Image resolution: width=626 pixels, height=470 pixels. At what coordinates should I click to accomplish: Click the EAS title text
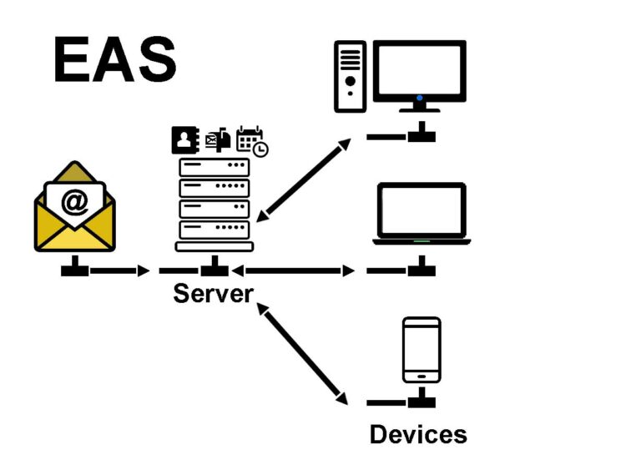point(115,60)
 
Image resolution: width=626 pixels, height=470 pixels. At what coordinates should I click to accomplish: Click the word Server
point(213,294)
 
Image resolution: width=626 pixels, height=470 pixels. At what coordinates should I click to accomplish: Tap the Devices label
point(418,434)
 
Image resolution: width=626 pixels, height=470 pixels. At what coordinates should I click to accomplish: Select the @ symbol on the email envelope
point(75,201)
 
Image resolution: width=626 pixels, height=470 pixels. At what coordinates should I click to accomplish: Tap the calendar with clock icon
point(251,141)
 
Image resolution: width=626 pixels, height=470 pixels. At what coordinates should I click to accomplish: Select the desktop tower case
point(351,77)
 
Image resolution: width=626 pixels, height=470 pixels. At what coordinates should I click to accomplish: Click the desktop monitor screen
point(419,70)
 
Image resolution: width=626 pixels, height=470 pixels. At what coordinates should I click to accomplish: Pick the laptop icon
point(422,214)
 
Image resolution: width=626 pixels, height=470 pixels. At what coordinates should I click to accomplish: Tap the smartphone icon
point(422,349)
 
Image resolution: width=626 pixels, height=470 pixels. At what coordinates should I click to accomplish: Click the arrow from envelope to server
point(119,270)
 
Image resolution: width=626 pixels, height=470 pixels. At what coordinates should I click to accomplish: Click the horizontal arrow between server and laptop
point(293,270)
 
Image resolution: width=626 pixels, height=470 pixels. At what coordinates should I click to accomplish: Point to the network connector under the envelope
point(75,266)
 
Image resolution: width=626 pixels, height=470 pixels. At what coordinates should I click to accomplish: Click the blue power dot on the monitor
point(420,99)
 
